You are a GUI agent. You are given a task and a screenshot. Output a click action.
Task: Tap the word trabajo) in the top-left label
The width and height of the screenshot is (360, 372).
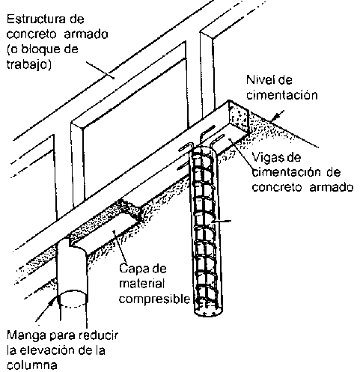click(x=28, y=65)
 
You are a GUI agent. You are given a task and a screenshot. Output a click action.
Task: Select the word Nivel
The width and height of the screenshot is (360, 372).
click(x=258, y=80)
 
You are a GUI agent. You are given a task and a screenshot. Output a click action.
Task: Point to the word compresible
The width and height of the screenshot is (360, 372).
click(x=154, y=299)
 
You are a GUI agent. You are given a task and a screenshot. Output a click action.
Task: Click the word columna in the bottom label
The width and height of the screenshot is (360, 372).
click(x=32, y=365)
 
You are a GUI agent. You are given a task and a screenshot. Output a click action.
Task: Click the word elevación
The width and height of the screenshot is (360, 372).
click(x=48, y=350)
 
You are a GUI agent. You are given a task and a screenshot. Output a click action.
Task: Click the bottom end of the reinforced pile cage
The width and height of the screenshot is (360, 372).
click(x=208, y=315)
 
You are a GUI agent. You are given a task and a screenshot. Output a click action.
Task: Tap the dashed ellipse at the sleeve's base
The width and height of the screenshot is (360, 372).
click(x=73, y=299)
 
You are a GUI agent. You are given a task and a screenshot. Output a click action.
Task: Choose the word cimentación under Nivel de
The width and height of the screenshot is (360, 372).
click(x=282, y=95)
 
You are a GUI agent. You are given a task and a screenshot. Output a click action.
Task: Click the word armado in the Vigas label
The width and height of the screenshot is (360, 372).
click(x=331, y=187)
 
